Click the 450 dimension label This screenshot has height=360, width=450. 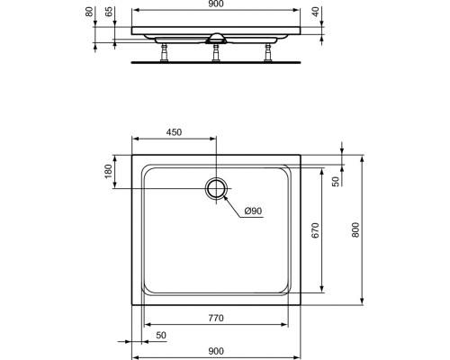coord(175,132)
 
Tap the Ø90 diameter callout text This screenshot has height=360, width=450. coord(253,211)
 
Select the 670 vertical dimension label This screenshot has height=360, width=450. coord(315,230)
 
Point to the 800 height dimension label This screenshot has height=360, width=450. coord(355,229)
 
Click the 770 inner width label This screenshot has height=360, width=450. coord(216,318)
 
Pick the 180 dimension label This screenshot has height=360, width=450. coord(108,171)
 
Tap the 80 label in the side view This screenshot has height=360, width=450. coord(89,12)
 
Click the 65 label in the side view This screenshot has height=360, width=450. coord(109,12)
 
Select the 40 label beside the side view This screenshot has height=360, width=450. coord(315,12)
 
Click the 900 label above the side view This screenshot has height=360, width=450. coord(216,4)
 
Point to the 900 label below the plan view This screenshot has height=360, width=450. coord(216,351)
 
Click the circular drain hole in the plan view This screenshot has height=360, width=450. coord(216,188)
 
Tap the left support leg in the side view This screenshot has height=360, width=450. coord(165,52)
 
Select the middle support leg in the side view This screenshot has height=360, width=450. coord(216,52)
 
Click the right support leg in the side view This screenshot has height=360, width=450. coord(267,52)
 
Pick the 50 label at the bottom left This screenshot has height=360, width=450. coord(161,335)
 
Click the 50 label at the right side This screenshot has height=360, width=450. coord(336,181)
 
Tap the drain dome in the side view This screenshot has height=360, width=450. coord(216,38)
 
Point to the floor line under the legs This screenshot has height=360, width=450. coord(216,63)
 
